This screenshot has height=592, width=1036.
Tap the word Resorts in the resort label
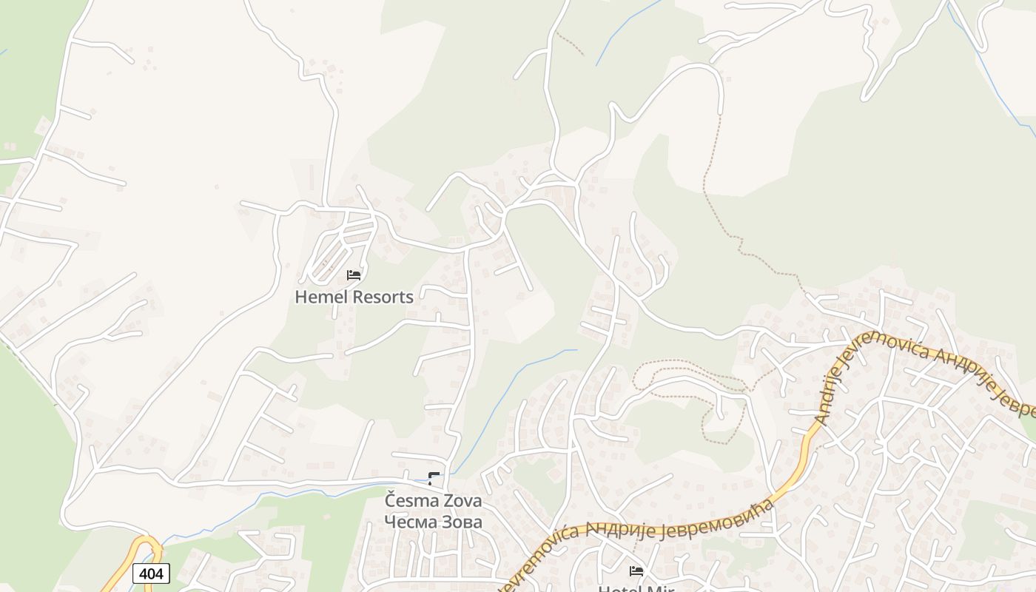(383, 297)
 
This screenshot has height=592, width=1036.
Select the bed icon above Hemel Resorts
(354, 275)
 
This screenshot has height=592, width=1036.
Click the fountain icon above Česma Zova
(434, 478)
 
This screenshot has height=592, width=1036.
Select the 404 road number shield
(152, 573)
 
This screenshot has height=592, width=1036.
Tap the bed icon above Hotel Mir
(636, 571)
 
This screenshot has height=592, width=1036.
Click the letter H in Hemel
(301, 297)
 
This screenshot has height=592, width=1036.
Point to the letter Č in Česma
(391, 500)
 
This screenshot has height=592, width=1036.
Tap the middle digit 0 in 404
(152, 573)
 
